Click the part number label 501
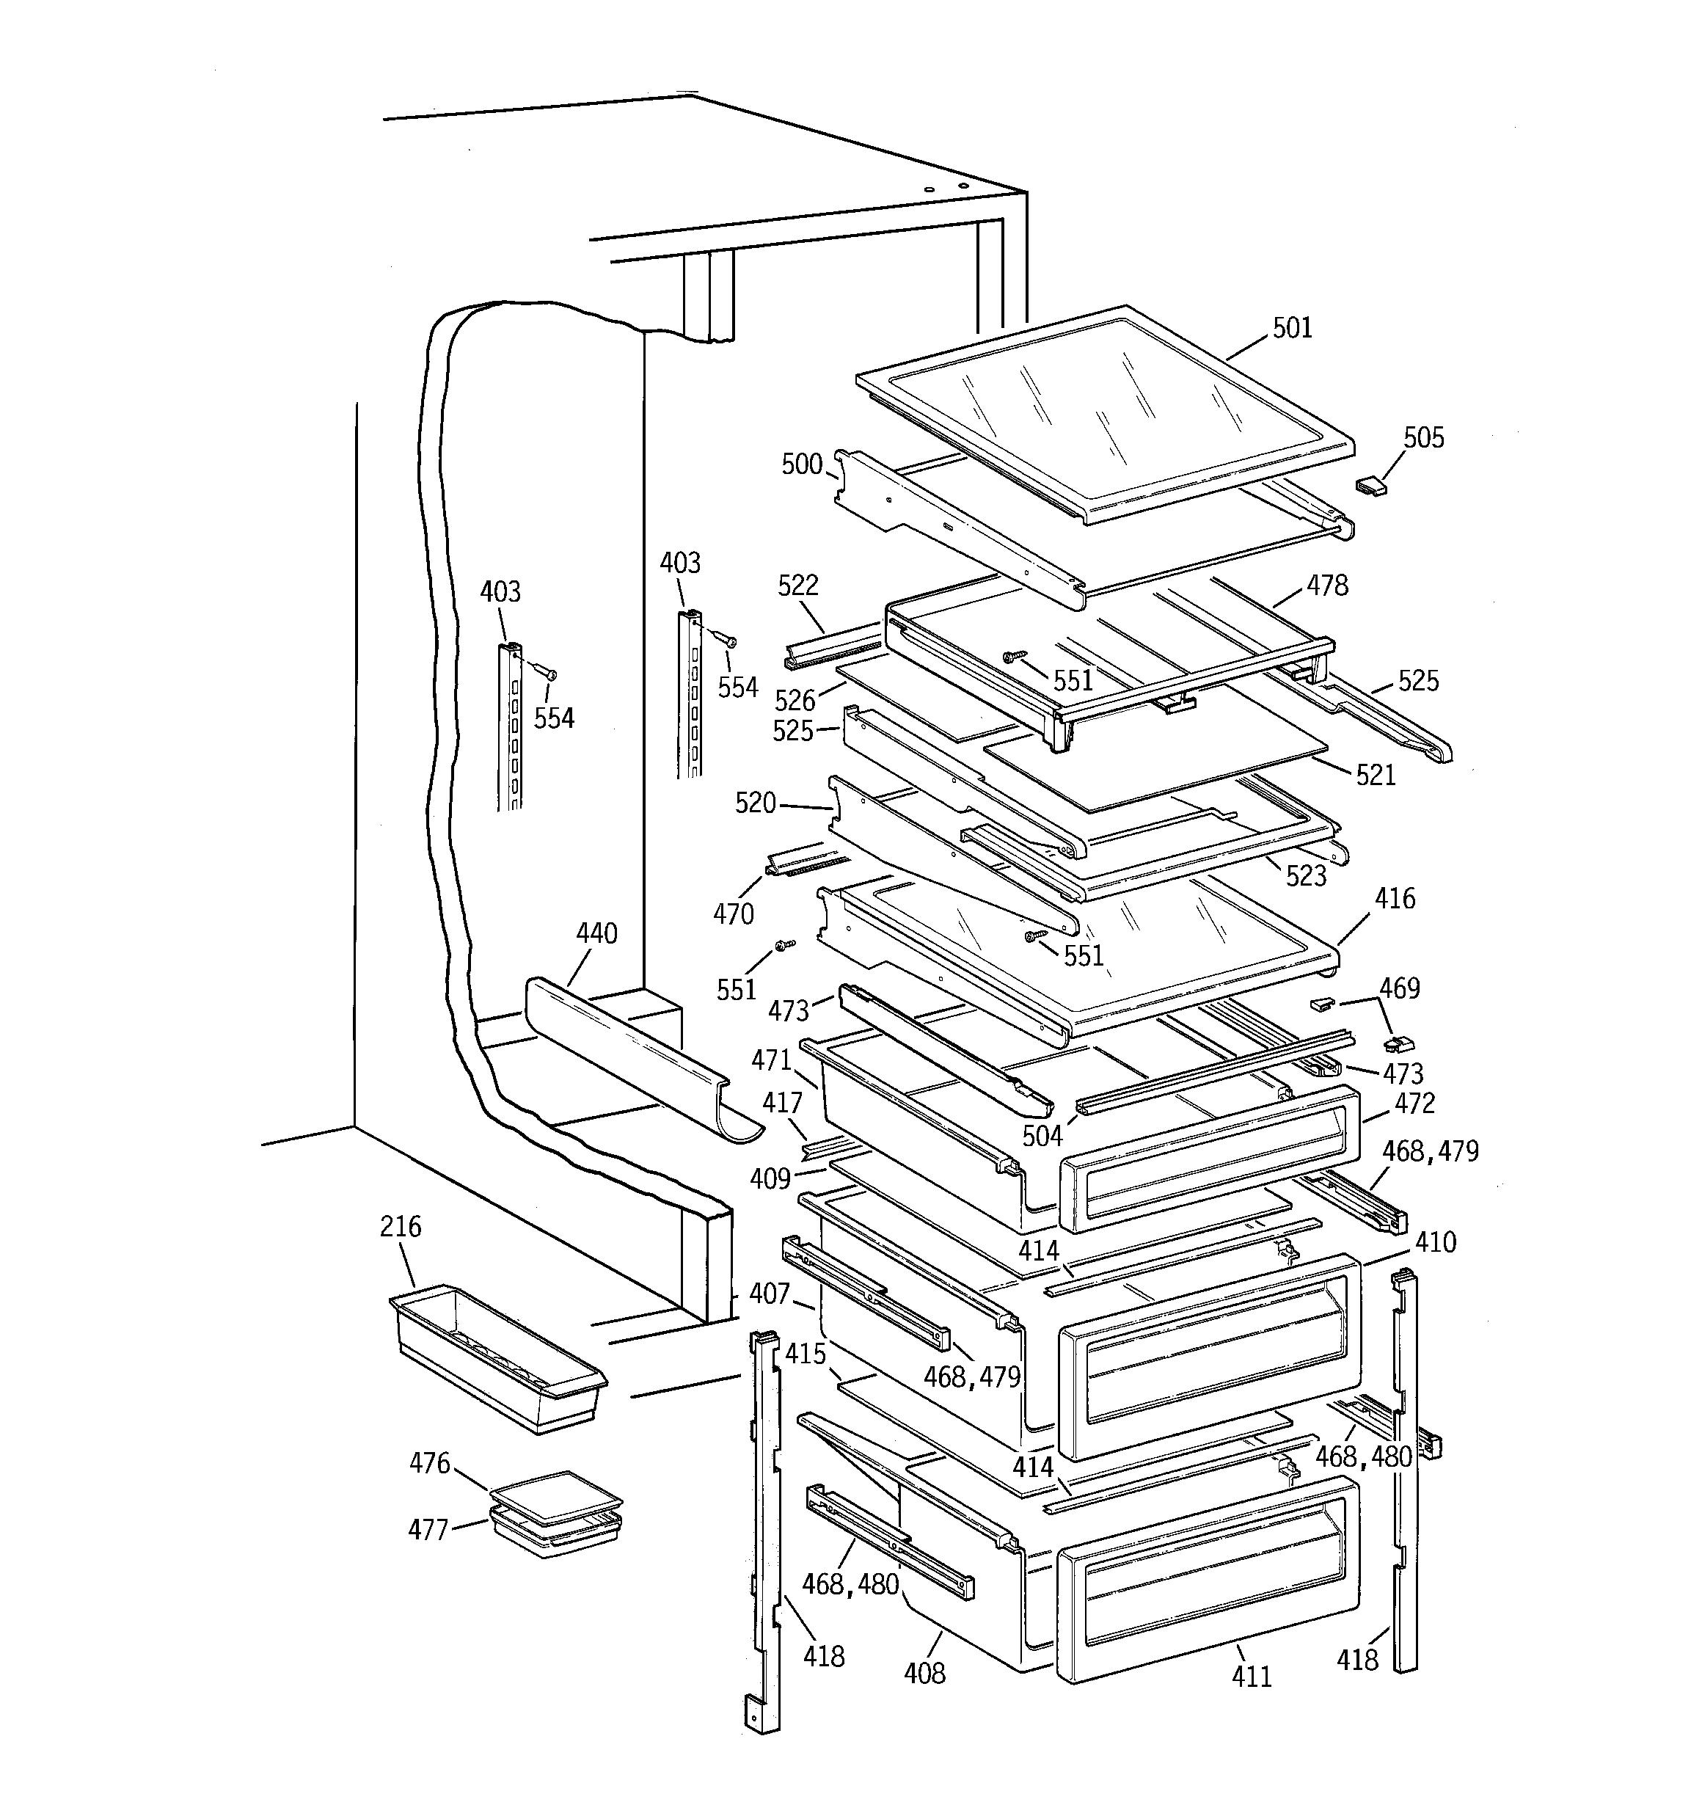tap(1292, 328)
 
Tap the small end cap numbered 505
tap(1370, 485)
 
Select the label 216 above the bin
tap(400, 1226)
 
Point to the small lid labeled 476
tap(555, 1496)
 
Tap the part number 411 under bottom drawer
tap(1251, 1677)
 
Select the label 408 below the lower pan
tap(924, 1673)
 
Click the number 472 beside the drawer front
tap(1414, 1104)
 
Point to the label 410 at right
tap(1435, 1242)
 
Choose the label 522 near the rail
tap(797, 586)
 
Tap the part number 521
tap(1375, 776)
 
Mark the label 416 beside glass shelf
tap(1394, 899)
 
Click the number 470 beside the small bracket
tap(734, 914)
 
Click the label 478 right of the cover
tap(1326, 586)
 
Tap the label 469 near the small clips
tap(1399, 988)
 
